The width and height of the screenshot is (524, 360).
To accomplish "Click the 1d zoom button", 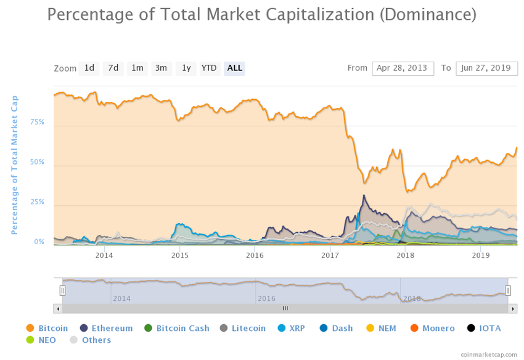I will pos(89,68).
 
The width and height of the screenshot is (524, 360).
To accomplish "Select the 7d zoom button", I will pos(113,68).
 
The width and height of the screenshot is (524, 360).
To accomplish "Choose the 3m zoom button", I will pos(161,68).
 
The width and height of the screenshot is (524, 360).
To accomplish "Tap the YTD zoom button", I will pos(209,68).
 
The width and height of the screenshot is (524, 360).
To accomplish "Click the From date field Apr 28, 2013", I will pos(403,68).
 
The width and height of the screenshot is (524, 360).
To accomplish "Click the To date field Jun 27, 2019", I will pos(486,68).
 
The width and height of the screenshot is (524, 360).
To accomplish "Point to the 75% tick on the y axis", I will pos(37,122).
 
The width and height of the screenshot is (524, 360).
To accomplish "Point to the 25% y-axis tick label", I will pos(37,202).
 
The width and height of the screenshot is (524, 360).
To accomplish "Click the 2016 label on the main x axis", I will pos(255,255).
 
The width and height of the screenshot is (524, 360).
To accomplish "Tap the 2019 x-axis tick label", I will pos(480,255).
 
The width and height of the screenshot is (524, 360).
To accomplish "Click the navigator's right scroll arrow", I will pos(513,308).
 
